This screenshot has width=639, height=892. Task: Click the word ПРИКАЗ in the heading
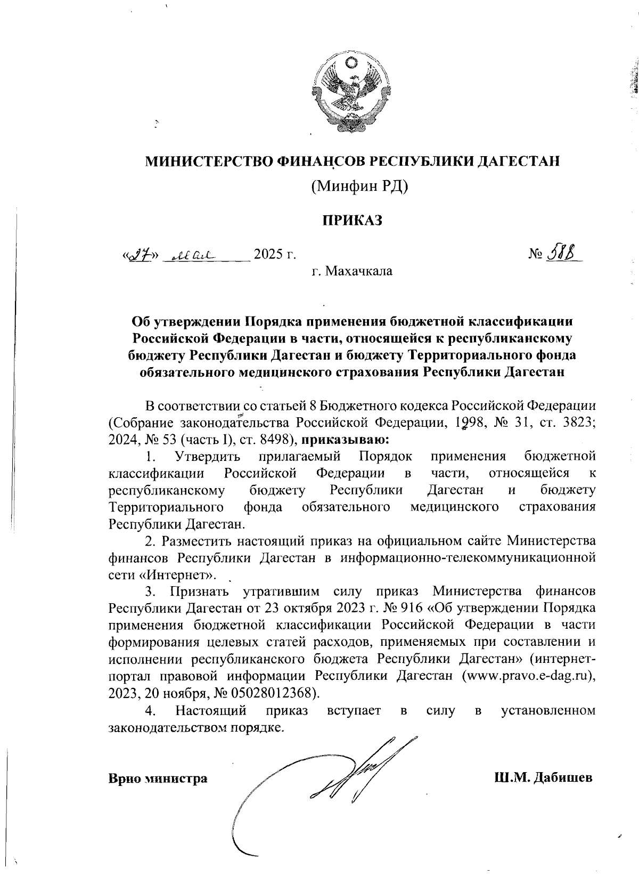pos(351,220)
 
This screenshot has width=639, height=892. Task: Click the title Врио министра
pos(158,779)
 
